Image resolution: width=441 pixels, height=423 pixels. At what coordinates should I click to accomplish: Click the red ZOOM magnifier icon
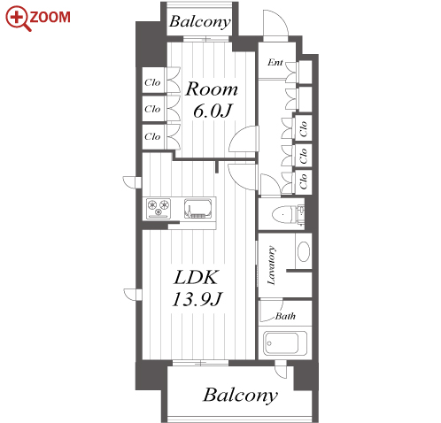click(x=18, y=19)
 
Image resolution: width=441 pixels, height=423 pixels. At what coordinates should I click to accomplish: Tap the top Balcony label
click(x=200, y=22)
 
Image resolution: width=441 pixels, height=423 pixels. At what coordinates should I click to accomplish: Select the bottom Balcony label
click(x=240, y=396)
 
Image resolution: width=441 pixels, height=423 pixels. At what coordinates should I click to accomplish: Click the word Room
click(x=212, y=88)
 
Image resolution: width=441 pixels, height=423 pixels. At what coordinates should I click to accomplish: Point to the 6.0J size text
click(x=213, y=111)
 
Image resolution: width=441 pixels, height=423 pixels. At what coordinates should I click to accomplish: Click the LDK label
click(x=197, y=277)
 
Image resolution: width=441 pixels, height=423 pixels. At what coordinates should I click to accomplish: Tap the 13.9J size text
click(x=197, y=299)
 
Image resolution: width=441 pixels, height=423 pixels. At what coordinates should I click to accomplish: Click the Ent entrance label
click(x=275, y=62)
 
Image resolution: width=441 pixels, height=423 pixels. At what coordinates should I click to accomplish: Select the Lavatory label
click(x=272, y=265)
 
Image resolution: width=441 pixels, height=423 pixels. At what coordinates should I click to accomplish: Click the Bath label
click(x=285, y=316)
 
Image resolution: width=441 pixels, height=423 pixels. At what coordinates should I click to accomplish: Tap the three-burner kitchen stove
click(x=159, y=209)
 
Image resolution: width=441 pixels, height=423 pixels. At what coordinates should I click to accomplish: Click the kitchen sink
click(x=198, y=209)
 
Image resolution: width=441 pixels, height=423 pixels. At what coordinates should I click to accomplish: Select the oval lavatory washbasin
click(x=304, y=251)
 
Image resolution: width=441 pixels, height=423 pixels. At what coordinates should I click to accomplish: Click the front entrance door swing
click(x=275, y=24)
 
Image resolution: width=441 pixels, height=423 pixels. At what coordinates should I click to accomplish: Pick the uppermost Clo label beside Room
click(x=152, y=82)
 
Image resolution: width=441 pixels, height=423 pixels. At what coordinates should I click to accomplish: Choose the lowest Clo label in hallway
click(x=304, y=181)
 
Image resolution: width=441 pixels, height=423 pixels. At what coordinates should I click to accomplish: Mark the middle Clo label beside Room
click(x=152, y=109)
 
